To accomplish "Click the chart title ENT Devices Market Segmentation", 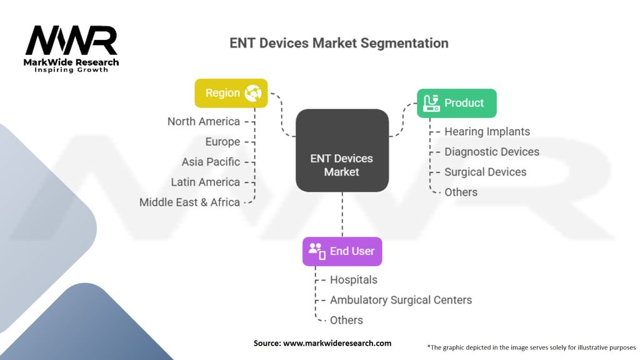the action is (339, 43).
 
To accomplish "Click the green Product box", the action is (456, 103).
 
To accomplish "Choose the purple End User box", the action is (342, 251).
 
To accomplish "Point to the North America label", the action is (203, 121).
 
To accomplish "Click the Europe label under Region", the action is (222, 141).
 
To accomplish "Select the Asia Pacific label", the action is (211, 162).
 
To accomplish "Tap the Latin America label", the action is (205, 182).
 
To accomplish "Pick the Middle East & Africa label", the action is (189, 202).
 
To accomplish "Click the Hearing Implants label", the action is (487, 131).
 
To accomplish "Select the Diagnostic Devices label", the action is (491, 152).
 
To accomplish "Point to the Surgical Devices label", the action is (485, 172).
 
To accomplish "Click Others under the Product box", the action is (461, 192).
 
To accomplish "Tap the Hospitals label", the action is (353, 279).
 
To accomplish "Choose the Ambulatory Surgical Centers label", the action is (401, 300).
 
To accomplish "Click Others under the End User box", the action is (346, 320).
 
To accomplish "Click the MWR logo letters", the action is (71, 41).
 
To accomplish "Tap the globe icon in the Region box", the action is (253, 93).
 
